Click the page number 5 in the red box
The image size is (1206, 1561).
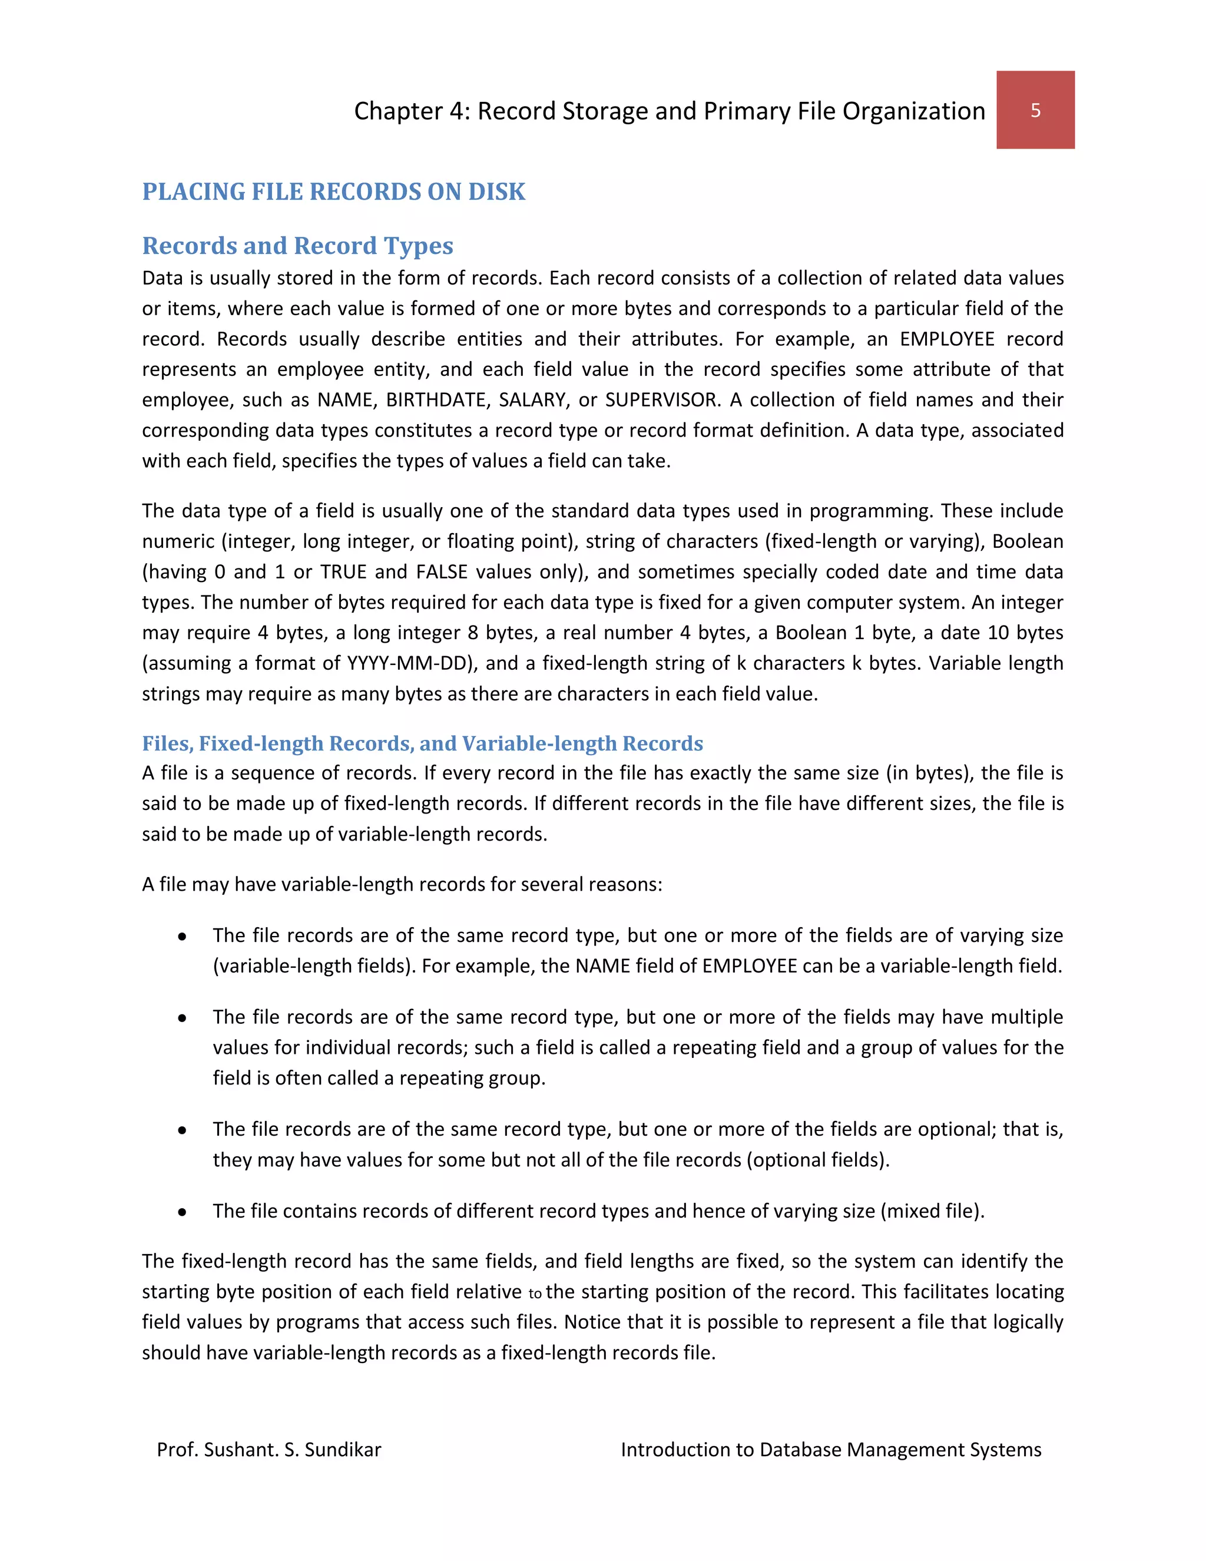coord(1035,110)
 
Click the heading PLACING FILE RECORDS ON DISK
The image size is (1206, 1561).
coord(334,191)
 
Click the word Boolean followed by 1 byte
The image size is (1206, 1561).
coord(810,633)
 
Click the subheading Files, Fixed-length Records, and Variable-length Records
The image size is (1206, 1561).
coord(422,743)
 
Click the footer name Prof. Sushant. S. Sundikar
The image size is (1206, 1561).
coord(269,1450)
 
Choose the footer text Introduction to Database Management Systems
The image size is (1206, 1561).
coord(830,1450)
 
